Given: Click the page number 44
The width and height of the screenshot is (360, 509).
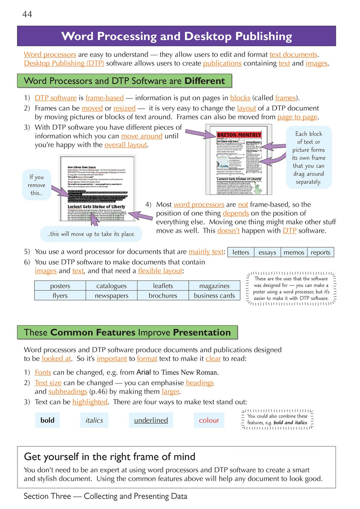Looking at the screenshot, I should click(27, 14).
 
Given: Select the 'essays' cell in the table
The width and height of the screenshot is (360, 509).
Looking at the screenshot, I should click(267, 252).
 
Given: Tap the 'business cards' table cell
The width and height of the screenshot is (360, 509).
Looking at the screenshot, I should click(214, 296).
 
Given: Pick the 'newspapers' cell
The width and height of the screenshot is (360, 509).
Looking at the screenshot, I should click(111, 296).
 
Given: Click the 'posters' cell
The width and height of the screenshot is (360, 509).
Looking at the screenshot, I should click(60, 286).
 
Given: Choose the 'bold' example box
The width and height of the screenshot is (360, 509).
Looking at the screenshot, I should click(47, 420).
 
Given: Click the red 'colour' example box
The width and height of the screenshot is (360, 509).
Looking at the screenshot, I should click(209, 420).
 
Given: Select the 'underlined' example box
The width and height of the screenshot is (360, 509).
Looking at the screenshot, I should click(151, 420).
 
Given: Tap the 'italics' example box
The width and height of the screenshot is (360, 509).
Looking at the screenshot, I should click(94, 420).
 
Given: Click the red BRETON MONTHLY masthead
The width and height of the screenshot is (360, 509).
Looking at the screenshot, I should click(239, 135).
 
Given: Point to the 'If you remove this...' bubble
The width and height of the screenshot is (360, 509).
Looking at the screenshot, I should click(37, 185).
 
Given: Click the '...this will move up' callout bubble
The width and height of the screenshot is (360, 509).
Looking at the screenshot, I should click(91, 234).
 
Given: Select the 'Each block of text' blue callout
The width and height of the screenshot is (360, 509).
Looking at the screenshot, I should click(309, 158).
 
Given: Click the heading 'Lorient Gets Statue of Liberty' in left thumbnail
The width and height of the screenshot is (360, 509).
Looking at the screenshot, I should click(96, 207).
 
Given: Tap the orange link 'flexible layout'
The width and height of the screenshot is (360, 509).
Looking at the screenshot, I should click(160, 271).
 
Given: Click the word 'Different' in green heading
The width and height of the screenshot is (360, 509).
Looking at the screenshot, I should click(205, 81).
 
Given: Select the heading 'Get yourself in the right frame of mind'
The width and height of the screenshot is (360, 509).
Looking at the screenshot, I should click(109, 457).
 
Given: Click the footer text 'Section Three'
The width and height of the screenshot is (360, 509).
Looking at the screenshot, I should click(47, 496).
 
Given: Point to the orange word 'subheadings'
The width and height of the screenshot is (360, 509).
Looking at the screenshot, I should click(68, 391).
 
